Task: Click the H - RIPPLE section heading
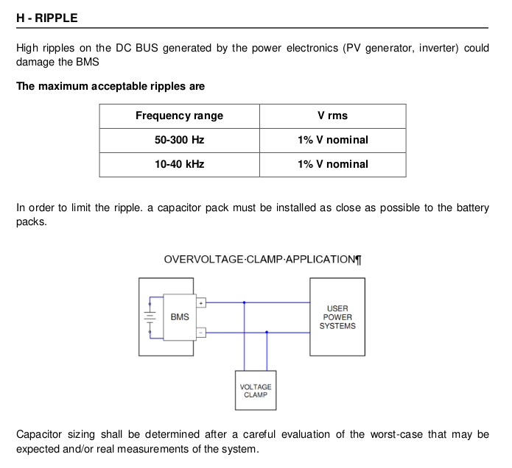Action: click(47, 18)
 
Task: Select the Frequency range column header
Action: click(179, 116)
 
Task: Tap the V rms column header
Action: click(332, 116)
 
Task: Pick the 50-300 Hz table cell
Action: click(179, 140)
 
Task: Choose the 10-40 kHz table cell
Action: click(179, 164)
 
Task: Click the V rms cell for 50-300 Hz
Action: click(333, 140)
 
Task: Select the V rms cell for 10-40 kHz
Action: click(333, 164)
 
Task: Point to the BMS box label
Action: click(180, 317)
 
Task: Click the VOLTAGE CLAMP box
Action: click(256, 391)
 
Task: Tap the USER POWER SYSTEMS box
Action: click(337, 317)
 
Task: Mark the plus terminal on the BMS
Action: click(201, 303)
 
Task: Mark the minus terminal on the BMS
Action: click(201, 333)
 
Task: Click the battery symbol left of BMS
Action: click(150, 317)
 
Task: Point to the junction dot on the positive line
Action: click(245, 302)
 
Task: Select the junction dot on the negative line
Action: click(267, 333)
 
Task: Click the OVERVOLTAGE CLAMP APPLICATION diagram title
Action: click(262, 260)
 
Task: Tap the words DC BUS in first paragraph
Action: click(137, 48)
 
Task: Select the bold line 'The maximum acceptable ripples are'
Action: click(111, 86)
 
